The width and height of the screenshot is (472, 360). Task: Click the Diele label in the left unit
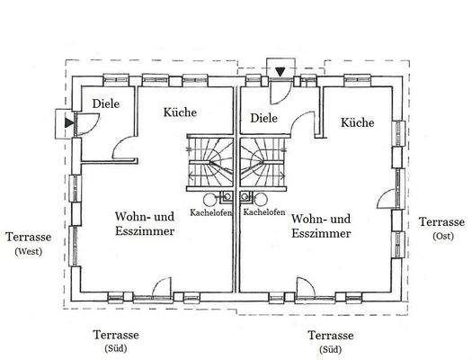[x=105, y=103]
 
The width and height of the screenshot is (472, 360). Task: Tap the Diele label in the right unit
[x=264, y=118]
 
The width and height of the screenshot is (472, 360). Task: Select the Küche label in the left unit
[x=180, y=112]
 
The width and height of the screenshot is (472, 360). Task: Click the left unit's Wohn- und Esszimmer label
[x=144, y=224]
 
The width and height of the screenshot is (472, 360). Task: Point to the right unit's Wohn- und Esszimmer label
[x=321, y=225]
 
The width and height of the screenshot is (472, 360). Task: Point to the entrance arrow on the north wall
[x=281, y=71]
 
